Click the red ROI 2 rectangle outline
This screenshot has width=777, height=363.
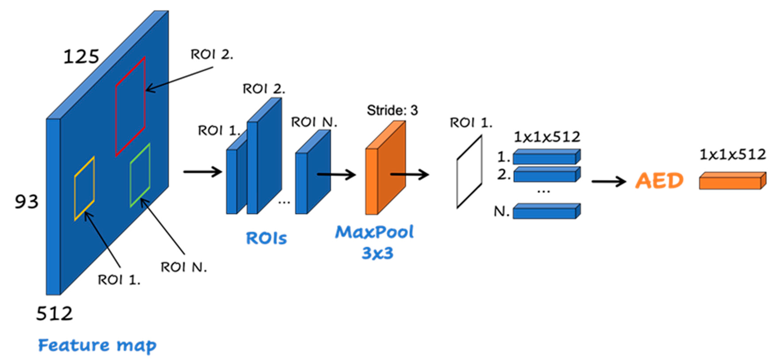(x=116, y=121)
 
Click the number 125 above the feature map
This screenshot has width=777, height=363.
(x=81, y=56)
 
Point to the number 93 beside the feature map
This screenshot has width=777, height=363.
(x=27, y=202)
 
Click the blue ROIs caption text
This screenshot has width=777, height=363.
(x=266, y=238)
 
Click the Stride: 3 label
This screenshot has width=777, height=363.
(x=392, y=110)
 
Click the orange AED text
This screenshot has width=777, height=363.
(x=659, y=181)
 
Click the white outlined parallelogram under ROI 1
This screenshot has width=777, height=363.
(x=469, y=172)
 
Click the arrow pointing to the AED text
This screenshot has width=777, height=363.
(x=609, y=181)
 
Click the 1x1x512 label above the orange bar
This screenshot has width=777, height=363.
(x=732, y=155)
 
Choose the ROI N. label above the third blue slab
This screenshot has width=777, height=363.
(x=314, y=122)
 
